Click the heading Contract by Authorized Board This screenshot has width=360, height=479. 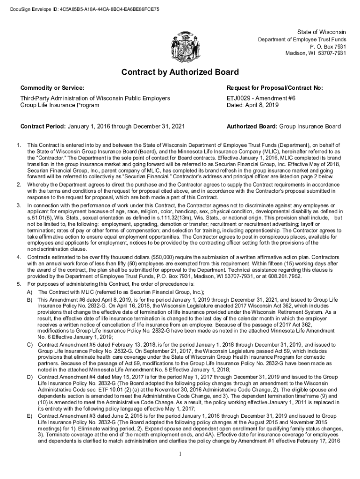[180, 73]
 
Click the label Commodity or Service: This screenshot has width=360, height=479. [52, 88]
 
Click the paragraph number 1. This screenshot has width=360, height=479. [19, 145]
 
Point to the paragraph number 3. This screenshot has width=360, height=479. [19, 205]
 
